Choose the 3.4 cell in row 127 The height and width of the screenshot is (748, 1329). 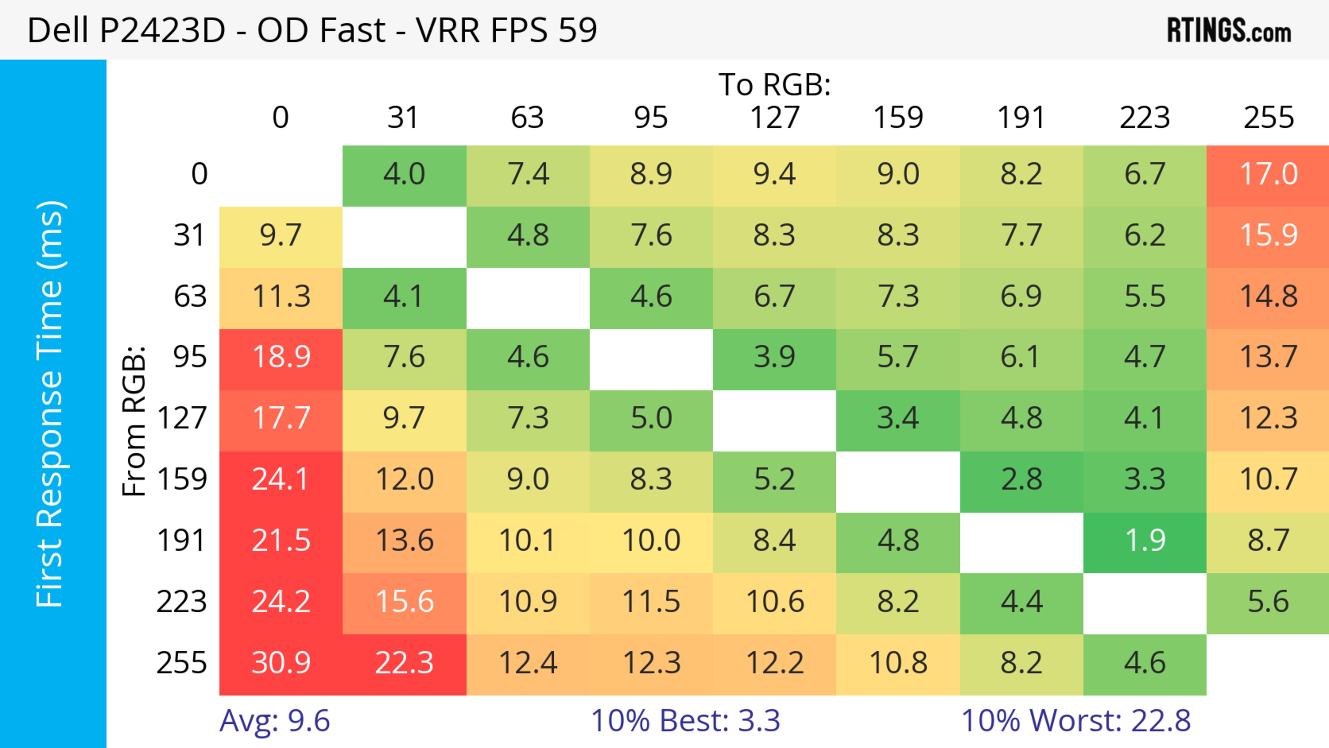pos(898,418)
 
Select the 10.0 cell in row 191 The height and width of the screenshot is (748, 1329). pos(651,541)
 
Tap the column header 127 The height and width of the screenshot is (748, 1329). pos(775,118)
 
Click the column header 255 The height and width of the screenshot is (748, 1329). pos(1268,118)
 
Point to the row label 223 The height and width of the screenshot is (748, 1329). pos(182,602)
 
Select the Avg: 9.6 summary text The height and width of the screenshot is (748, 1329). pos(274,721)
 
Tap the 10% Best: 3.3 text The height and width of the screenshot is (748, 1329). pos(685,721)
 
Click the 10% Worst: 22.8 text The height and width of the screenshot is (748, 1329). pos(1076,721)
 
